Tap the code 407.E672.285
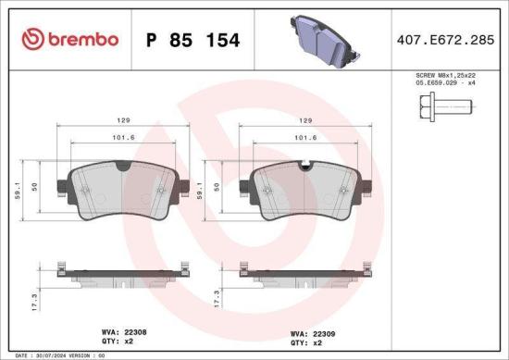[x=441, y=40]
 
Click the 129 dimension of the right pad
[x=305, y=119]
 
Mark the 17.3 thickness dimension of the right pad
[x=217, y=302]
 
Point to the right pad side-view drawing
[x=305, y=275]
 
